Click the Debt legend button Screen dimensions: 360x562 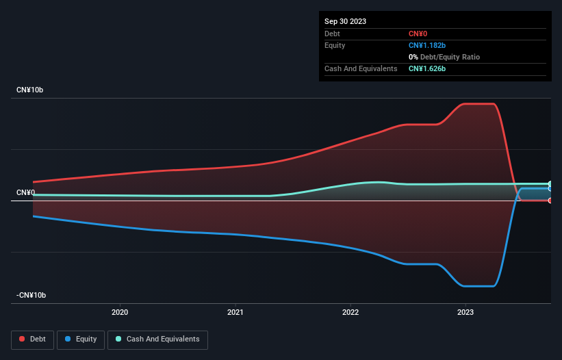click(32, 339)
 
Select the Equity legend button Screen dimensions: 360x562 click(81, 339)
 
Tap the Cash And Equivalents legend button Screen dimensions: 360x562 click(157, 339)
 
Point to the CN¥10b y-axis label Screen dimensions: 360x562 click(31, 90)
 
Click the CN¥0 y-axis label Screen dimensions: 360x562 click(25, 192)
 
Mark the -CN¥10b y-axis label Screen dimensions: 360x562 click(31, 295)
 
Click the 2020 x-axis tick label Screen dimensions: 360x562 click(120, 313)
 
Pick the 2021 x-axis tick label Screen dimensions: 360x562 click(235, 313)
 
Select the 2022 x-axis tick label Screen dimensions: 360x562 click(350, 313)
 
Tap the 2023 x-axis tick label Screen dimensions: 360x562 click(465, 313)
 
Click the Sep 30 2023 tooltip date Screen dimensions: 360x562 click(345, 21)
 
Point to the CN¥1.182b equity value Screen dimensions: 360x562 click(427, 45)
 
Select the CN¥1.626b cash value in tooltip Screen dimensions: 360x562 click(427, 68)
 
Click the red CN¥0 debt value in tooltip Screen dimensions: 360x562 click(418, 34)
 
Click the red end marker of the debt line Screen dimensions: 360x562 click(550, 201)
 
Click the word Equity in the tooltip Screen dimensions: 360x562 click(335, 45)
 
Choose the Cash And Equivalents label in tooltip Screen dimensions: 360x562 click(361, 68)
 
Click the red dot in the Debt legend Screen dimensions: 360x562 click(22, 339)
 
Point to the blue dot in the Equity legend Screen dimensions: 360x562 click(68, 339)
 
